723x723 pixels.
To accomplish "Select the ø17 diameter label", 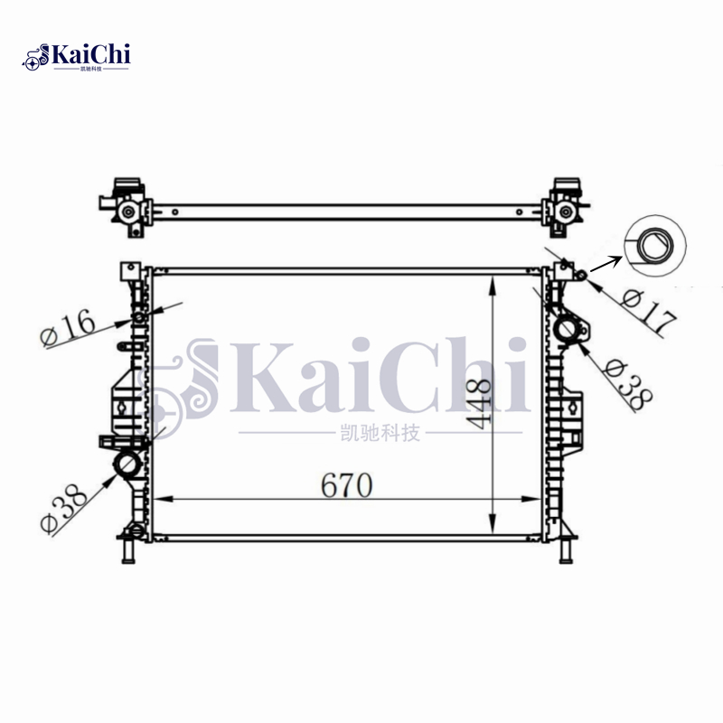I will tap(650, 310).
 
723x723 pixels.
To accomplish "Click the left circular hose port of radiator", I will tap(125, 466).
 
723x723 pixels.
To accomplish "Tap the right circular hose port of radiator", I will tap(569, 331).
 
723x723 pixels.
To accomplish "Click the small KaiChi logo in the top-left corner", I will tap(77, 56).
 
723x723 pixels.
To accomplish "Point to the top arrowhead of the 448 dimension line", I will tap(492, 283).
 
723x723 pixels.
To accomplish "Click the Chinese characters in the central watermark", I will tap(377, 435).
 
